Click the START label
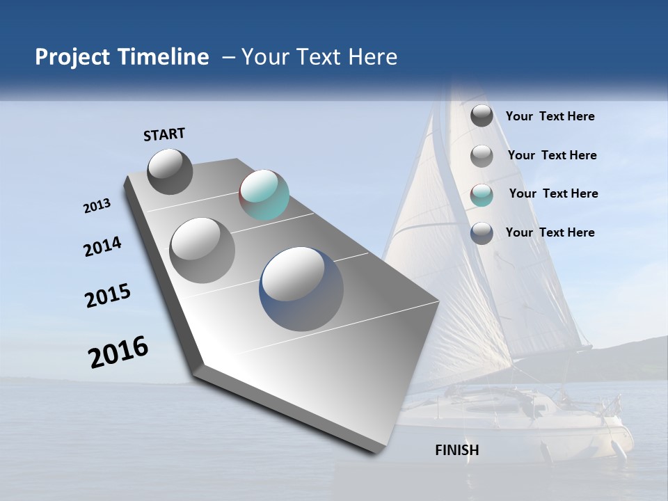(164, 134)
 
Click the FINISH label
(456, 450)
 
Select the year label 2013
(97, 206)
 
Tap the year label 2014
(102, 247)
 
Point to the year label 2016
(118, 352)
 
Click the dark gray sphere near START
(170, 171)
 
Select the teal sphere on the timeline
(264, 195)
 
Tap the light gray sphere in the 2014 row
(202, 250)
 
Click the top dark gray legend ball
(482, 116)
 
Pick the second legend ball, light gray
(482, 156)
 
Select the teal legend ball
(482, 195)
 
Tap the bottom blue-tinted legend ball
(482, 233)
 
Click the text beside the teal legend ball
(553, 193)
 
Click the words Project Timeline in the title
(122, 57)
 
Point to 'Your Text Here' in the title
(319, 57)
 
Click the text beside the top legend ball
(550, 116)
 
